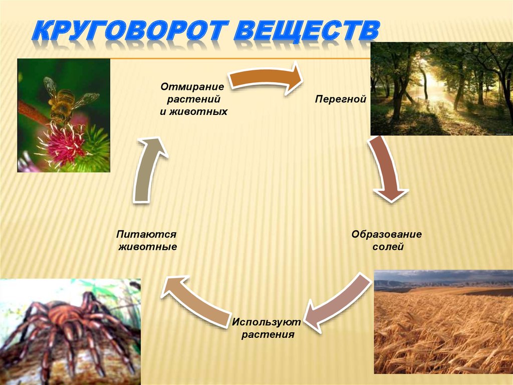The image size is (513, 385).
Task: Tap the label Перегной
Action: pos(340,99)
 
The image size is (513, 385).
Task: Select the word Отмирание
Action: pos(192,87)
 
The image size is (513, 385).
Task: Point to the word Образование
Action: pos(386,234)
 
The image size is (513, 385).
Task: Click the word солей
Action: pos(388,246)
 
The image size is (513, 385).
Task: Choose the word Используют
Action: pos(267,322)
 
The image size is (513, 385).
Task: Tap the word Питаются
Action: pos(146,234)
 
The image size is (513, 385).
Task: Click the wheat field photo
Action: pos(443,322)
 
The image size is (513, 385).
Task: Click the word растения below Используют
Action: pos(268,335)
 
